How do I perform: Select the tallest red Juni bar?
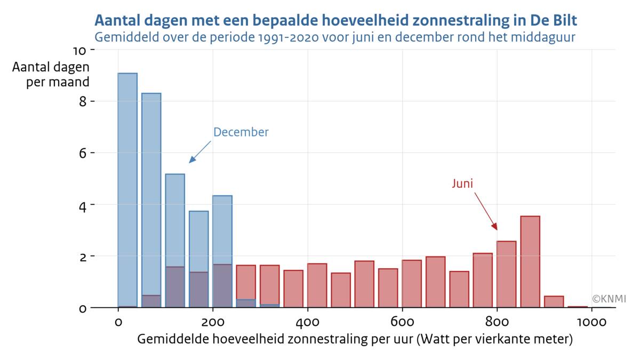[x=530, y=261]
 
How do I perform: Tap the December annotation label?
[x=241, y=132]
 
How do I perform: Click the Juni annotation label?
[x=462, y=183]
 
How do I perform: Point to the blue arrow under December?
[x=200, y=153]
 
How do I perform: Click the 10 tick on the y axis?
[x=79, y=51]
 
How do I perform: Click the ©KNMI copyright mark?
[x=609, y=299]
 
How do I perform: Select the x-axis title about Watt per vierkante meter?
[x=355, y=339]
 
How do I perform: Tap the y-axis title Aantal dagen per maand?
[x=51, y=75]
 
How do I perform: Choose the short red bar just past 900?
[x=554, y=302]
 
